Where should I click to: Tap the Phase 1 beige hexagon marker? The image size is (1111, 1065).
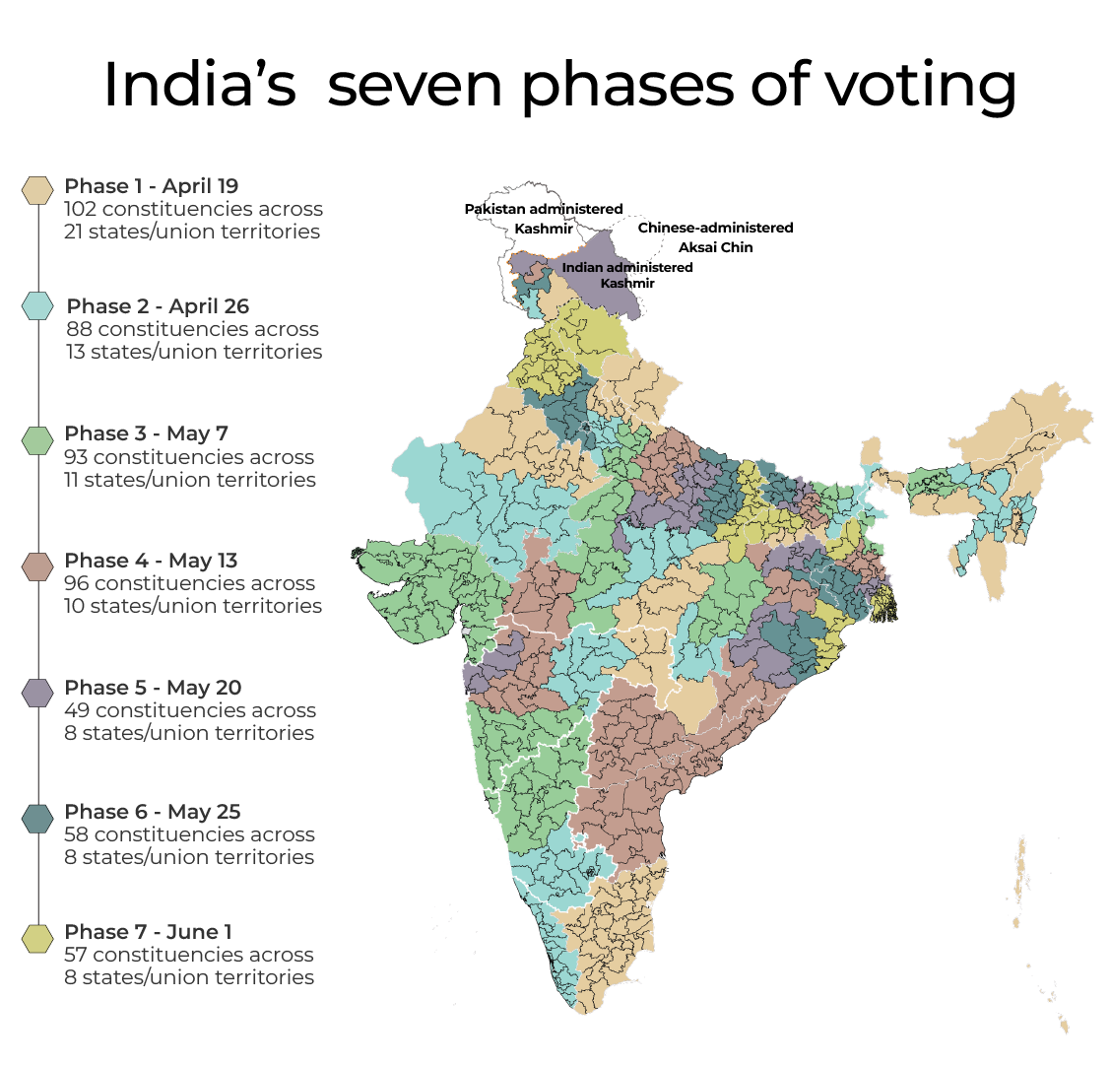[x=37, y=190]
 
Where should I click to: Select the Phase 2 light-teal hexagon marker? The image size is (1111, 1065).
[x=37, y=306]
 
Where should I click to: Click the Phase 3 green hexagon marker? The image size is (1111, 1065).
[x=37, y=440]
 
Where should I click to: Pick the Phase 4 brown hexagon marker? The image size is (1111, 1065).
[x=37, y=566]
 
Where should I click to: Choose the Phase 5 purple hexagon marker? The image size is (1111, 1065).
[x=37, y=693]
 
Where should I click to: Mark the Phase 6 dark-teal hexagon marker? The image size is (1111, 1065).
[x=37, y=818]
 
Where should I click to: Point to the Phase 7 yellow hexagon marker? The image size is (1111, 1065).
[x=37, y=938]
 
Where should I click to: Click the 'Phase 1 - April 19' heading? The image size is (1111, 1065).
[x=152, y=186]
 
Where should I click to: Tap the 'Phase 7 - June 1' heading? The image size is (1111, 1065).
[x=149, y=932]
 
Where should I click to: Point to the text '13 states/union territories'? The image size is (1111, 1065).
[x=194, y=352]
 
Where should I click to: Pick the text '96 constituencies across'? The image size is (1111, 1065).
[x=189, y=583]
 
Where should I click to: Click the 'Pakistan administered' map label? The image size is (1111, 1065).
[x=544, y=209]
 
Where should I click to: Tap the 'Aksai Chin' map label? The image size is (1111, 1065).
[x=715, y=247]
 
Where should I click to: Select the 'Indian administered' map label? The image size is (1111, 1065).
[x=627, y=267]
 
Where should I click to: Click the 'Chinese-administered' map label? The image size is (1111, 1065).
[x=715, y=228]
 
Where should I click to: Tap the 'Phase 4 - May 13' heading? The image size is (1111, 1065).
[x=152, y=561]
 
